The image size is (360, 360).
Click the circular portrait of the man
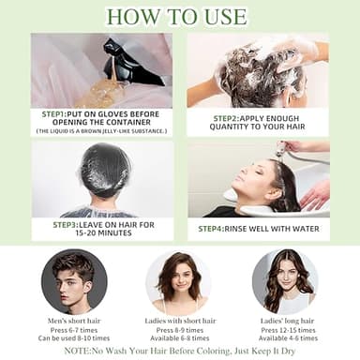[x=72, y=282]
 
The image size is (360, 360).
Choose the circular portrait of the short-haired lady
[x=177, y=282]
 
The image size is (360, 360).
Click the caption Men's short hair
[x=73, y=322]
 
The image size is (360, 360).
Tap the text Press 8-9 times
[x=178, y=330]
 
